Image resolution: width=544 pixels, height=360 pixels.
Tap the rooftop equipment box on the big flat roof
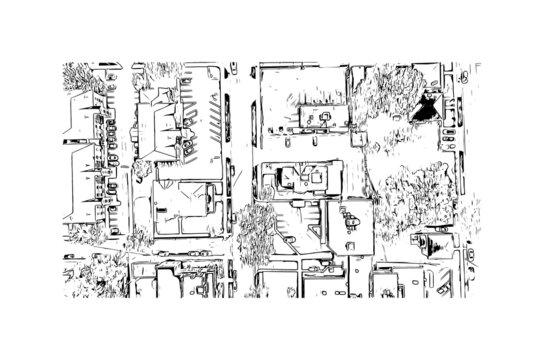pos(320,118)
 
